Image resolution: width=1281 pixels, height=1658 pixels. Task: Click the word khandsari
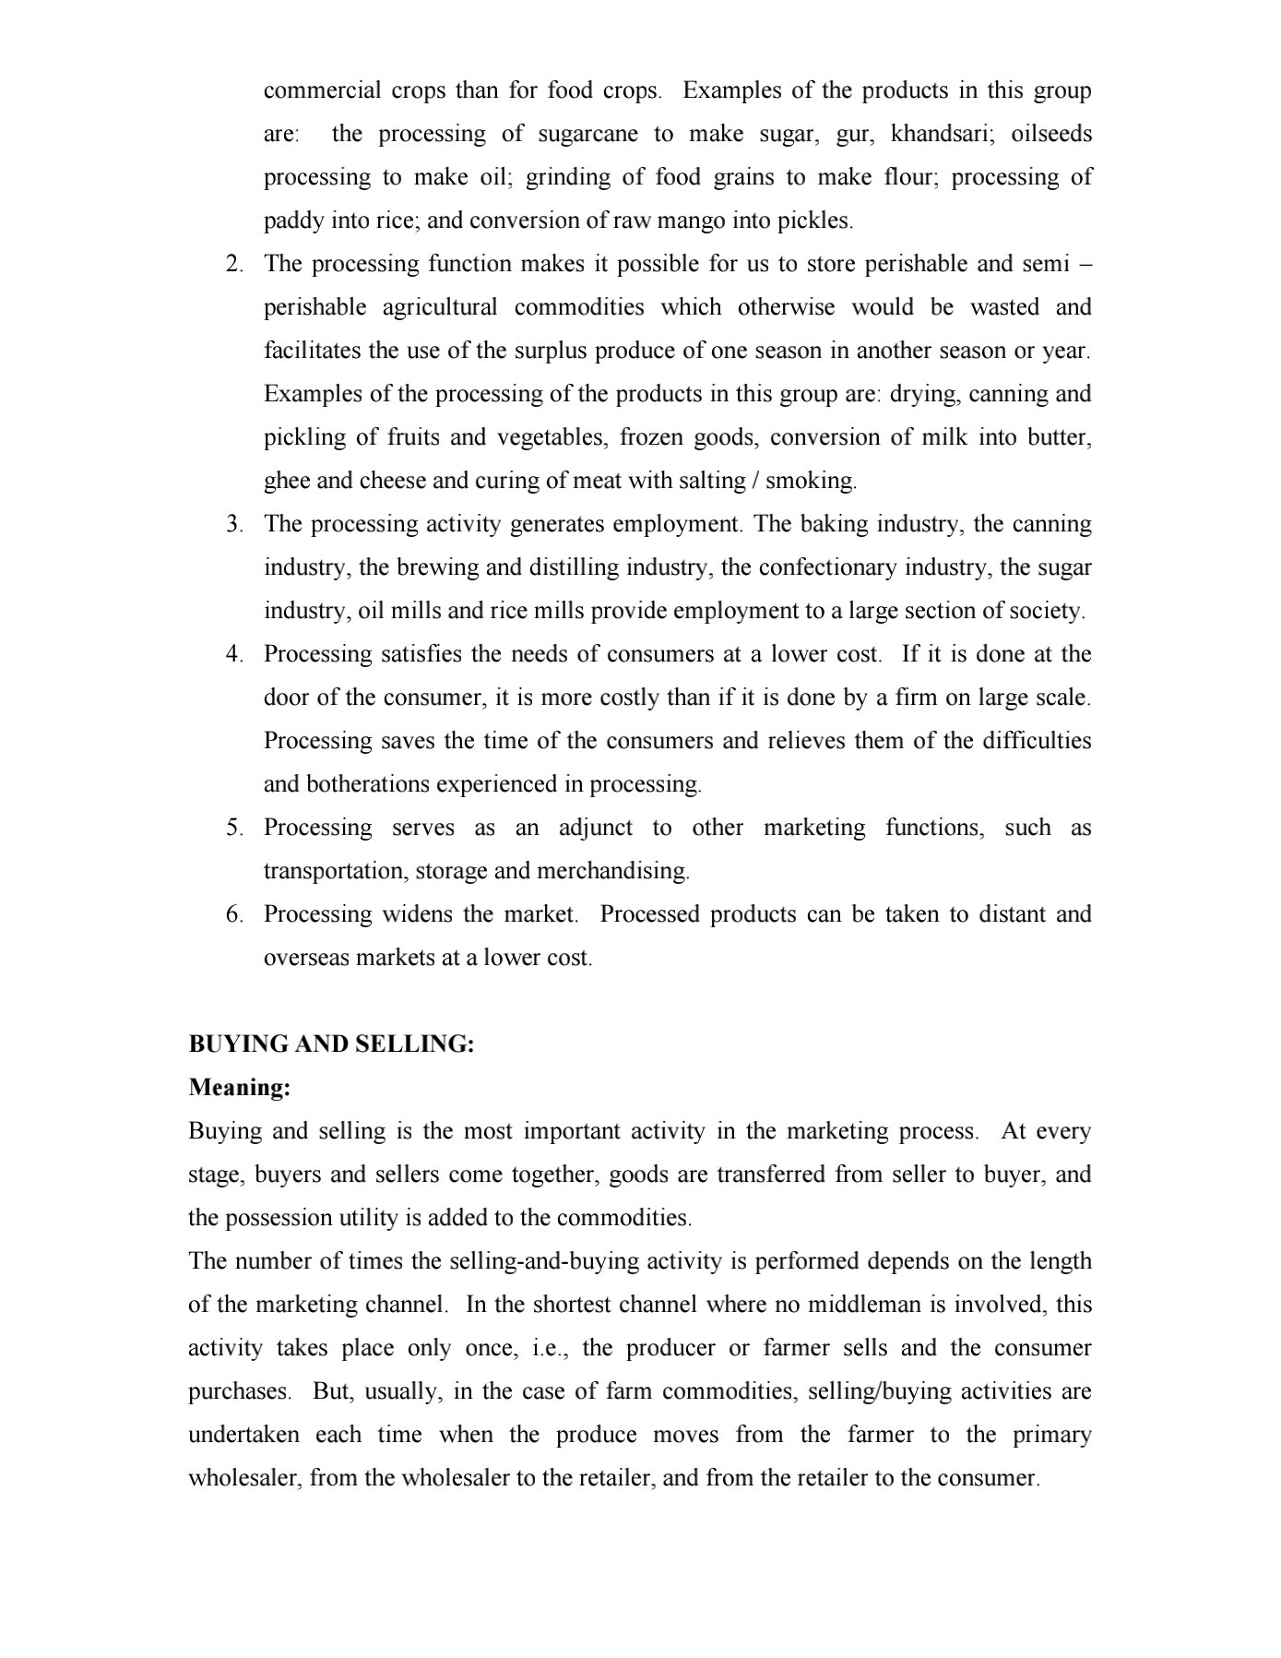click(942, 134)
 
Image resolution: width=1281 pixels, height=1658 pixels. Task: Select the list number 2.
click(234, 264)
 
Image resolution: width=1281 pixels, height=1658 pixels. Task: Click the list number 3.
click(234, 524)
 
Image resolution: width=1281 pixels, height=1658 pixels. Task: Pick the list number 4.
click(234, 654)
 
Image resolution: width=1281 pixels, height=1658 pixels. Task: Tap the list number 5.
click(234, 828)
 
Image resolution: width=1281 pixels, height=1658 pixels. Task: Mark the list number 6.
click(234, 914)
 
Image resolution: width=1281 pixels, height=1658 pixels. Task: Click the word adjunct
click(596, 828)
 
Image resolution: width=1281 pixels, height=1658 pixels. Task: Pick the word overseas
click(306, 958)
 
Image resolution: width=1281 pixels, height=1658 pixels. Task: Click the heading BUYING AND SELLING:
click(331, 1044)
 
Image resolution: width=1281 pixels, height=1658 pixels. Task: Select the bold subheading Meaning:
click(240, 1088)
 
